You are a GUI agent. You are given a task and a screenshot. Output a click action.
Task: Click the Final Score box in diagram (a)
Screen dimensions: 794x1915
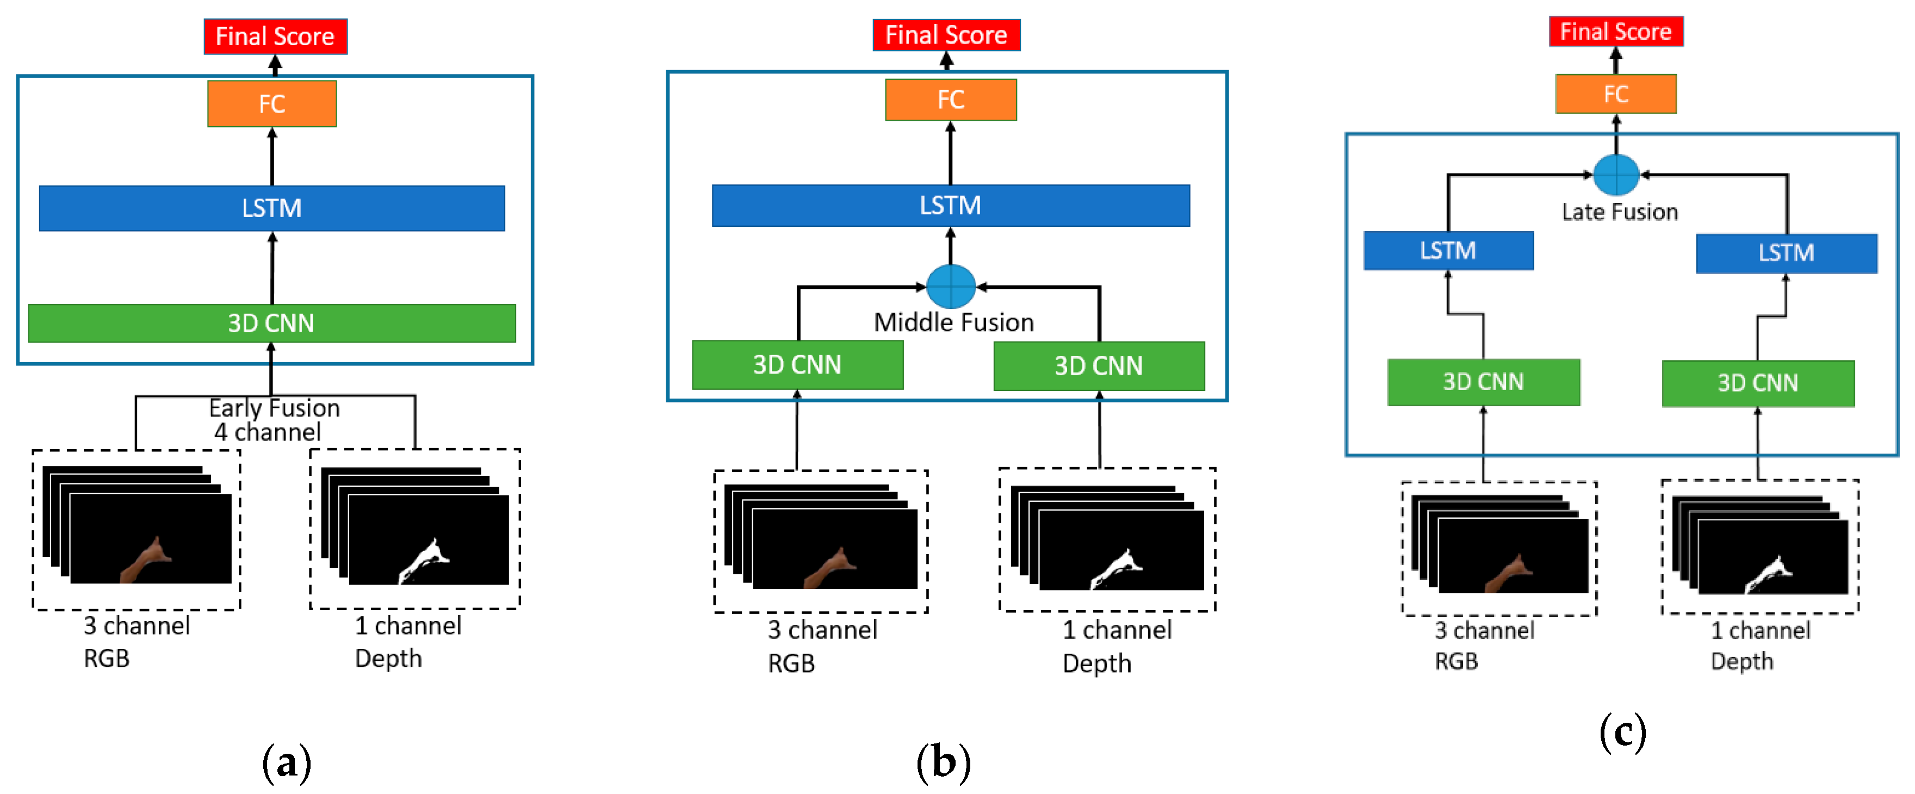click(x=275, y=36)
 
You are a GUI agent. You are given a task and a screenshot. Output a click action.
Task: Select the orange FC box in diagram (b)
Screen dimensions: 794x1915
click(x=950, y=100)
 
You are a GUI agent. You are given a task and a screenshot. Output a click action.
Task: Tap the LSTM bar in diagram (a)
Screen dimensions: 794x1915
click(x=272, y=208)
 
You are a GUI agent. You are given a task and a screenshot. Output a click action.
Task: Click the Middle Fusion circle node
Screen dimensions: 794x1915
click(x=951, y=286)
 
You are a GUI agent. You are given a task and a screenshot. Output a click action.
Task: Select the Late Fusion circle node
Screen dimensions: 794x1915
click(x=1616, y=175)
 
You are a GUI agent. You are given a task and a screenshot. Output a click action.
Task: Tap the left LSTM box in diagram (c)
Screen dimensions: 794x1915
click(x=1448, y=251)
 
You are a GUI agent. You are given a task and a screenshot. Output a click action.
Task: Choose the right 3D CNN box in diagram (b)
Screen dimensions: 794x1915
click(x=1099, y=366)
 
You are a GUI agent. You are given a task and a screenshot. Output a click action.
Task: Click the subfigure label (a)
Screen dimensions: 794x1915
click(x=286, y=764)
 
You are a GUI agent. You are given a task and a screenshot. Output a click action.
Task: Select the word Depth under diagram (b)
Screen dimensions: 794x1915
click(x=1096, y=663)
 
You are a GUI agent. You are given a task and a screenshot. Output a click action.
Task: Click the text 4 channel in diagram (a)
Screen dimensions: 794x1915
click(x=268, y=432)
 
